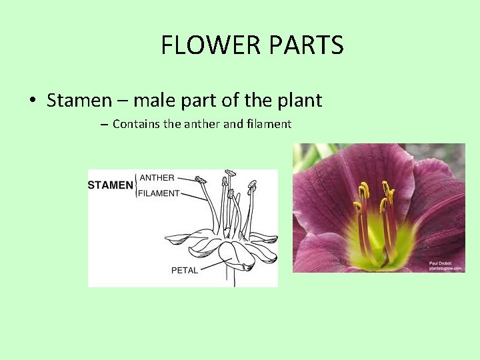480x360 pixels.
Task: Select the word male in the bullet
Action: pyautogui.click(x=156, y=101)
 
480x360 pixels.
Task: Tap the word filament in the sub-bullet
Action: pyautogui.click(x=269, y=124)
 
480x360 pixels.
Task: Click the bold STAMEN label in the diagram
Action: pyautogui.click(x=110, y=185)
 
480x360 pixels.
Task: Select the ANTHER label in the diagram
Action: pyautogui.click(x=157, y=178)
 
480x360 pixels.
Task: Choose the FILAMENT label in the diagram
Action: pyautogui.click(x=160, y=193)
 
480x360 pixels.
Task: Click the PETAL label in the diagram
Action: pyautogui.click(x=185, y=270)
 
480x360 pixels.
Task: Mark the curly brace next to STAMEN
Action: pyautogui.click(x=136, y=185)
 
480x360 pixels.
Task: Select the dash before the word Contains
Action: pyautogui.click(x=105, y=125)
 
